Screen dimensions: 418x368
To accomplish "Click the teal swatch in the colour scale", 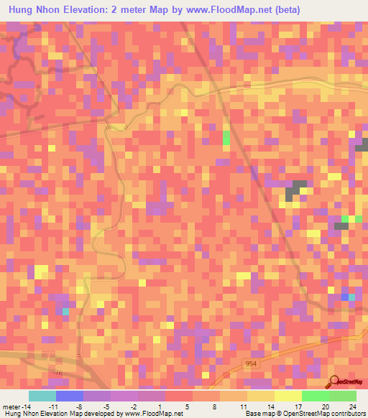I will [42, 396].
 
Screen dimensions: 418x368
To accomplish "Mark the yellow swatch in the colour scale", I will [287, 396].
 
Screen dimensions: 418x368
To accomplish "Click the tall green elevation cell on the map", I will [226, 137].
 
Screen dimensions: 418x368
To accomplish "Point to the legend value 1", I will [159, 407].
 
